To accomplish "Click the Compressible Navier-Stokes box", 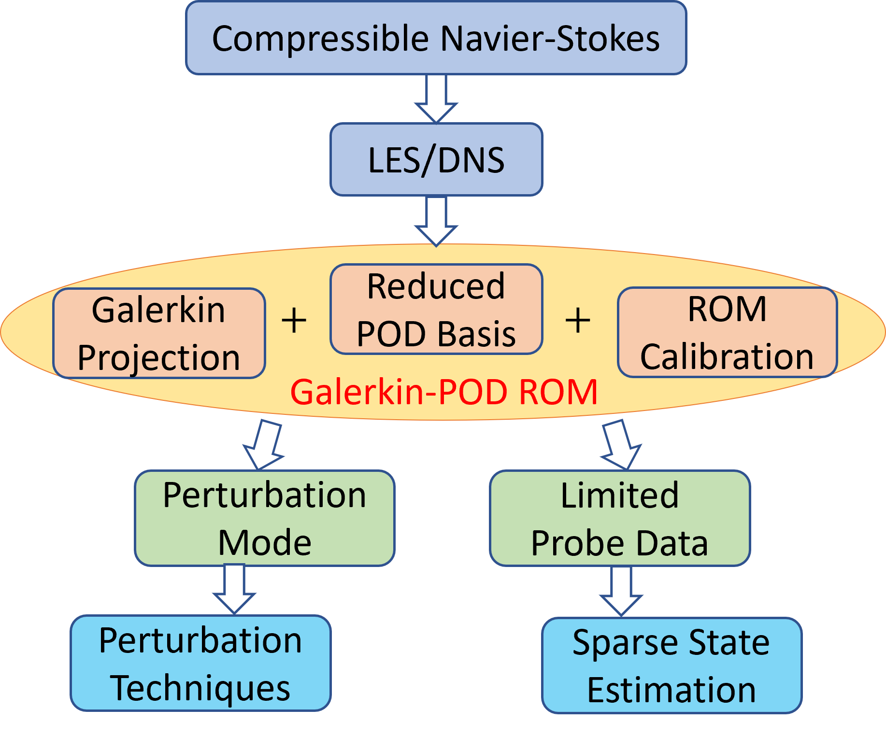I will [x=436, y=38].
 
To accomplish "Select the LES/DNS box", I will [x=436, y=159].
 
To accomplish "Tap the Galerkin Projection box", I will [x=159, y=333].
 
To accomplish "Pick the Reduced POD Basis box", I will [x=436, y=309].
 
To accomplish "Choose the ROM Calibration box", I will [x=727, y=332].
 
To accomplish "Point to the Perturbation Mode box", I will [x=264, y=518].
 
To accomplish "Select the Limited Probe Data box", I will [x=619, y=518].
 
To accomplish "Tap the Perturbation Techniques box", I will [x=200, y=663].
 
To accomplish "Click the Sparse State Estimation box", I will [x=671, y=665].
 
